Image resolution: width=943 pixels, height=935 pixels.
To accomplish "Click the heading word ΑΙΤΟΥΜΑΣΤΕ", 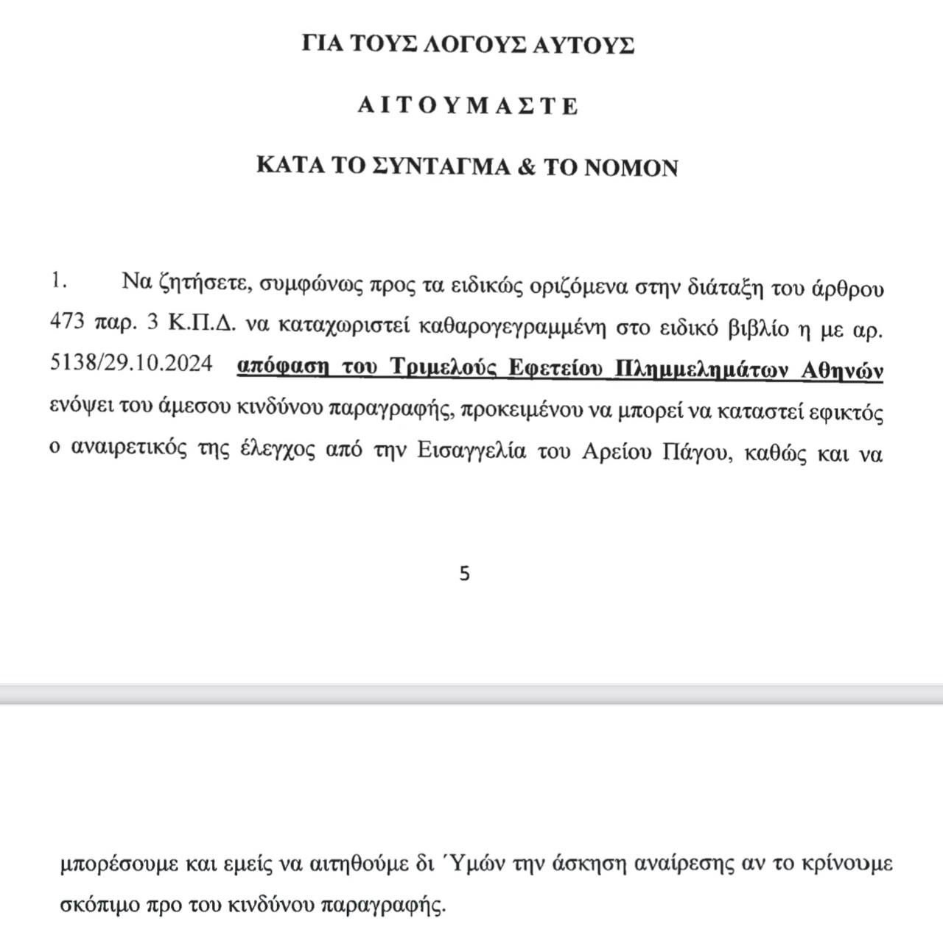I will coord(468,106).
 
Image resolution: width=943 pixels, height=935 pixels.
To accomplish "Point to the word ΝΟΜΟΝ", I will coord(631,167).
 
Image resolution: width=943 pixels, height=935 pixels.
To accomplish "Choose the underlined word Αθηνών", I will coord(842,370).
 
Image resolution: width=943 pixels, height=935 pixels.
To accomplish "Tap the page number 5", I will coord(464,574).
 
